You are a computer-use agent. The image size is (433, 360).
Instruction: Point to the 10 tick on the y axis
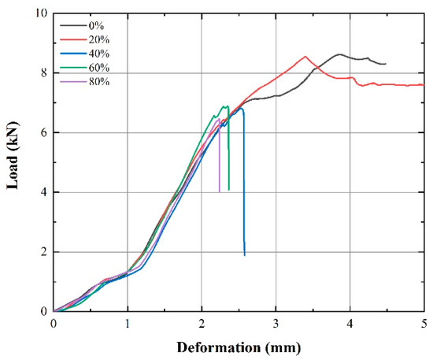pos(41,14)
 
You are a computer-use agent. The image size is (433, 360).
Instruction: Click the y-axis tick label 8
pos(44,73)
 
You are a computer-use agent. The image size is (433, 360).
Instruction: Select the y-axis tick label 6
pos(44,133)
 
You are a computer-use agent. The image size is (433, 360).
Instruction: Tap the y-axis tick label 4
pos(44,192)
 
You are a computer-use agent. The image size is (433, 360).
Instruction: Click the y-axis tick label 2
pos(44,252)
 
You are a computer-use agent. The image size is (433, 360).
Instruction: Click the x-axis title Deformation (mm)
pos(239,346)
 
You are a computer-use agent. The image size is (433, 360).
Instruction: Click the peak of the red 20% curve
pos(305,56)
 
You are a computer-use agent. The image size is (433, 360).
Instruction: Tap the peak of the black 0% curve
pos(339,54)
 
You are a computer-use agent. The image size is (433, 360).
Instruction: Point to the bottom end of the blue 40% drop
pos(245,255)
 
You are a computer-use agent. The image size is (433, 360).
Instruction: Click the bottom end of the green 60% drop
pos(229,190)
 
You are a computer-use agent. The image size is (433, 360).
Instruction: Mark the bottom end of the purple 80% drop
pos(220,191)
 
